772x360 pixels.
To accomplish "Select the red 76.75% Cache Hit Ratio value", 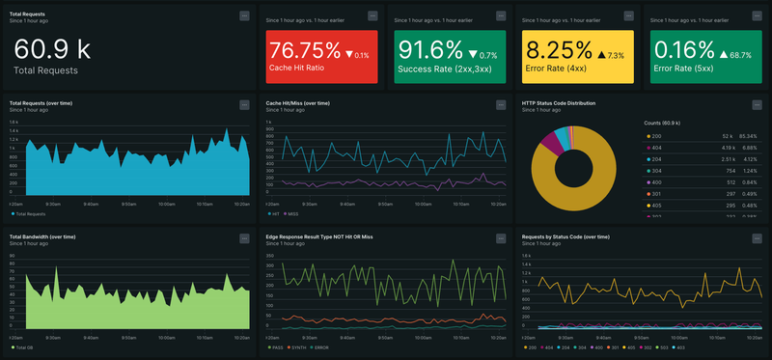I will coord(305,49).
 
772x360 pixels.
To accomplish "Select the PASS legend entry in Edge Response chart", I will coord(279,346).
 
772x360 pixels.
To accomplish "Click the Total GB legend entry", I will coord(25,346).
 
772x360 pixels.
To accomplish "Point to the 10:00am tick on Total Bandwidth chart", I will coord(166,337).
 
